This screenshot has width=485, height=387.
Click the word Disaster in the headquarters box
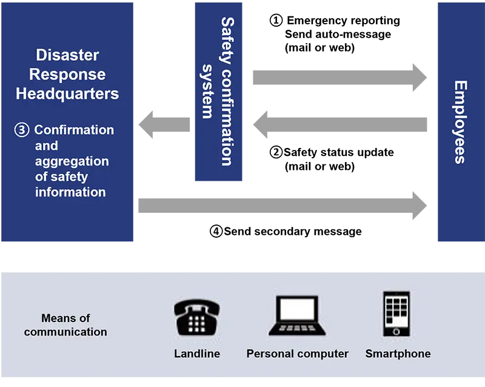tap(67, 55)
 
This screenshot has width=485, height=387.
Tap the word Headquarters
tap(67, 94)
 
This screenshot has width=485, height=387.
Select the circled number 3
tap(22, 130)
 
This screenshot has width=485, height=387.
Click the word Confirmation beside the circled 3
tap(74, 130)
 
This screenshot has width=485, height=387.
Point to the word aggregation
tap(72, 161)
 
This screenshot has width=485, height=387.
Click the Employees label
tap(460, 121)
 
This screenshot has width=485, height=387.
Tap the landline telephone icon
tap(196, 316)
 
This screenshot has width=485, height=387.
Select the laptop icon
tap(297, 315)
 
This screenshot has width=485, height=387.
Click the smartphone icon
tap(396, 314)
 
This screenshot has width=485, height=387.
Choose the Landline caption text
tap(197, 354)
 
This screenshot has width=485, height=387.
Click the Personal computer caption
tap(297, 354)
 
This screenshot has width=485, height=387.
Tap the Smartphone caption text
tap(398, 354)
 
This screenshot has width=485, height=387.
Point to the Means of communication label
tap(65, 325)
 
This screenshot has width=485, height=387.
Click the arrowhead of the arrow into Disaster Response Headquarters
tap(144, 126)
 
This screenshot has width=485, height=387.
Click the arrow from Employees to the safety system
tap(343, 126)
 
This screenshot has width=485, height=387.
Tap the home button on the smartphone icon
tap(396, 331)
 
